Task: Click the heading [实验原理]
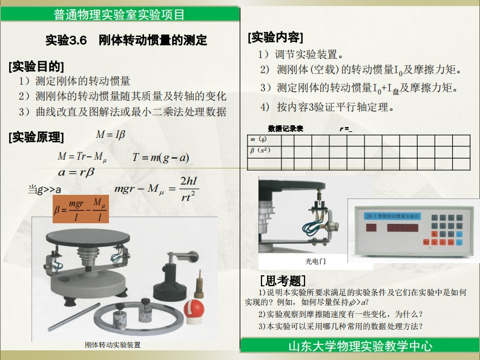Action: pyautogui.click(x=36, y=137)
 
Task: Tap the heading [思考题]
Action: pyautogui.click(x=282, y=281)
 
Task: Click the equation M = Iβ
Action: pyautogui.click(x=110, y=134)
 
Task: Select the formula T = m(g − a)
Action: pyautogui.click(x=160, y=158)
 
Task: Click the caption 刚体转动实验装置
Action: pyautogui.click(x=113, y=345)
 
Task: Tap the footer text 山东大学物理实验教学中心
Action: pyautogui.click(x=360, y=347)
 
